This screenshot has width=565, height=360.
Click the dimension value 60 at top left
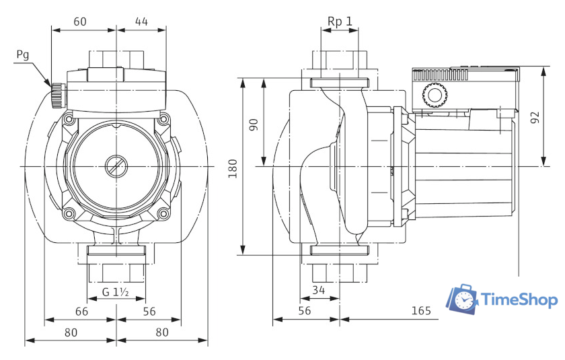[80, 21]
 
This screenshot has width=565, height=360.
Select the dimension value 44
[141, 21]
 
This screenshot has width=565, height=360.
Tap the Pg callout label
[22, 55]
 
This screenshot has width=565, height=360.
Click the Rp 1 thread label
[340, 21]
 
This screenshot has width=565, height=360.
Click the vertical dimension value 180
[233, 168]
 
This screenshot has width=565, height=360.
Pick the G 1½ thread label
[116, 292]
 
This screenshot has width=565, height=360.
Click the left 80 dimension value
[71, 332]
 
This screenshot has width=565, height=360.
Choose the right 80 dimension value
[161, 332]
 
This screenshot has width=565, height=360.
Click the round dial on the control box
[434, 96]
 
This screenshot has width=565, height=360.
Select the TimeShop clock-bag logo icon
[464, 300]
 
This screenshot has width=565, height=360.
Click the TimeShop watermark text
[520, 300]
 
